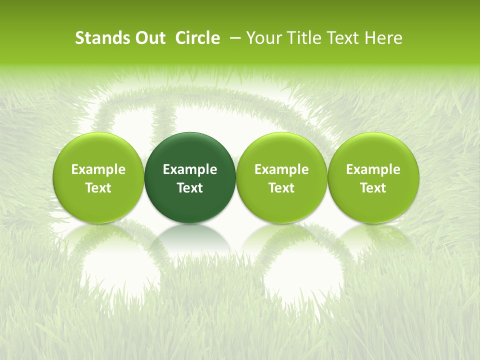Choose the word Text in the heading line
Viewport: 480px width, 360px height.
[343, 38]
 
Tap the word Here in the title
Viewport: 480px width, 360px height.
[383, 38]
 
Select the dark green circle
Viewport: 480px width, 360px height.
[190, 177]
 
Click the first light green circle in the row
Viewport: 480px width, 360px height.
[98, 177]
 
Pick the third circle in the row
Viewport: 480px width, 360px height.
[281, 177]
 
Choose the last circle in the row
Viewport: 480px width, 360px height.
[373, 177]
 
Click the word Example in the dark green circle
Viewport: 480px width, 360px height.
[190, 169]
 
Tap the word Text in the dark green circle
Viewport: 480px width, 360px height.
[190, 188]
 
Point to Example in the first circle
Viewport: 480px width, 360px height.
[98, 169]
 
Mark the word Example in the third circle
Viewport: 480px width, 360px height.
[281, 169]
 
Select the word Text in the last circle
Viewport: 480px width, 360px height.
[373, 188]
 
